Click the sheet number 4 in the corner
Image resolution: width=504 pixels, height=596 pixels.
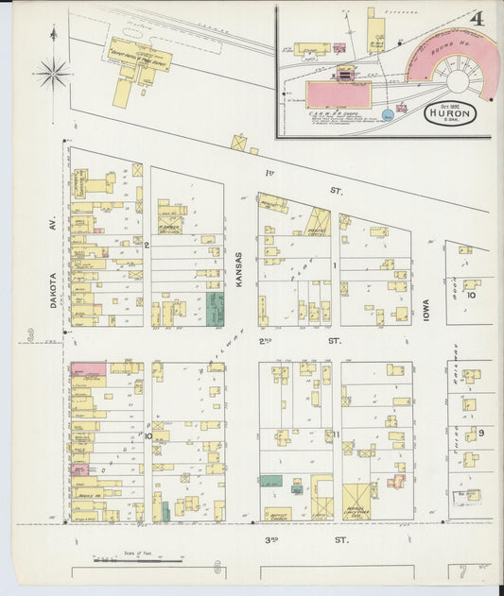click(x=478, y=18)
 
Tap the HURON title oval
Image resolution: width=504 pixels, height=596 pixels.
click(x=450, y=112)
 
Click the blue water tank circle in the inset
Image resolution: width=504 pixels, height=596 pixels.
click(x=389, y=115)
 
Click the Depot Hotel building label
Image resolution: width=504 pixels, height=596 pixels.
click(x=135, y=52)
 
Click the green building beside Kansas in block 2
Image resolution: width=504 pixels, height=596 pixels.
click(x=216, y=309)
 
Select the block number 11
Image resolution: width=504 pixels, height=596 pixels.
click(x=336, y=434)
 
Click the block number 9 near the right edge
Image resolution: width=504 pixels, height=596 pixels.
click(x=481, y=432)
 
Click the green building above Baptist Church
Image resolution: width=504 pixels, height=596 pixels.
click(x=272, y=482)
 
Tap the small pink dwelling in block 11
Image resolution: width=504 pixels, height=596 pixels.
click(x=396, y=482)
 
